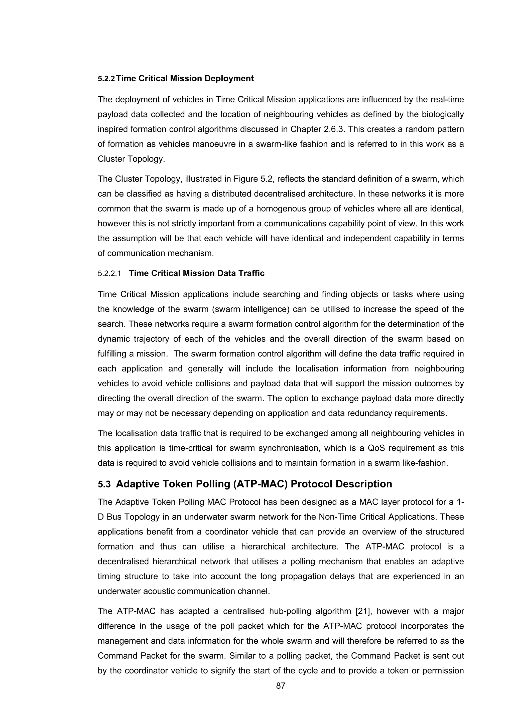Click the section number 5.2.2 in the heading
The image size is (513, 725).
106,79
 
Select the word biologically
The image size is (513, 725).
443,114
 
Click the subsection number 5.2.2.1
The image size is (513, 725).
109,273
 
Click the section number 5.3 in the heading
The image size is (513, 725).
104,484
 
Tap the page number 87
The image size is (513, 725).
281,685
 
